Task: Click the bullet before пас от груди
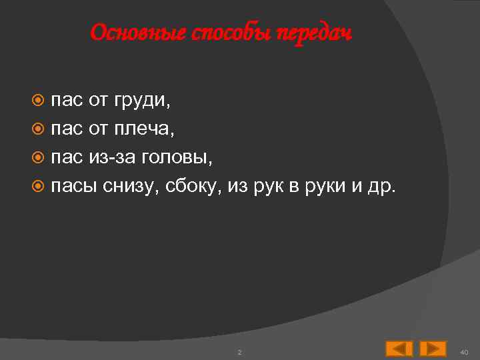pos(39,101)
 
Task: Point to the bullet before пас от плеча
pos(39,129)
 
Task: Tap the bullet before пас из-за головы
pos(39,157)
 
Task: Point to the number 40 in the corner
pos(465,351)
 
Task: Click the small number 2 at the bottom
pos(239,351)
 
